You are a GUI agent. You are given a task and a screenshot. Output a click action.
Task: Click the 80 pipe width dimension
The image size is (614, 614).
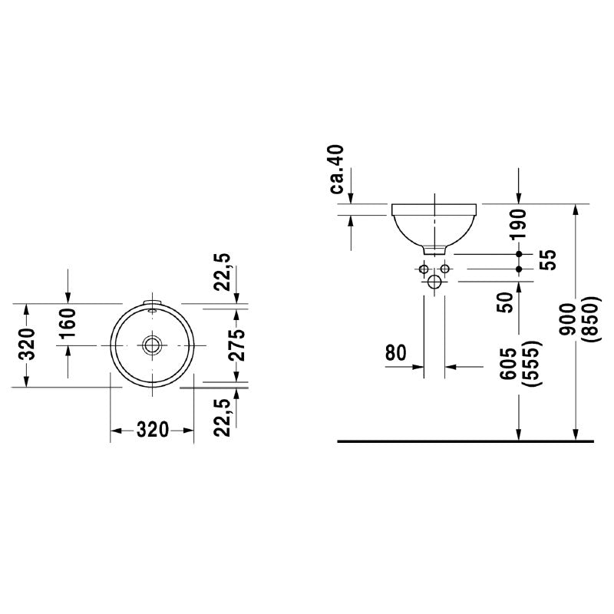point(395,353)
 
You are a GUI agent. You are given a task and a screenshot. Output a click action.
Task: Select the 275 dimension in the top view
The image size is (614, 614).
point(238,345)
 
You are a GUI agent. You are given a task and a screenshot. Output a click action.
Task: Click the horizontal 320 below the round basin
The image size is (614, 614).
point(153,430)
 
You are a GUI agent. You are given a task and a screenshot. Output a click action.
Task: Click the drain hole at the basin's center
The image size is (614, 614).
point(153,345)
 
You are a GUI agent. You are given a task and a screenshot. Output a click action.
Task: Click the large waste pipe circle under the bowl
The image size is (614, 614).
point(434,282)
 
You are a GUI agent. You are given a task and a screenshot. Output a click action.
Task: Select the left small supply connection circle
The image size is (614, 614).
point(423,269)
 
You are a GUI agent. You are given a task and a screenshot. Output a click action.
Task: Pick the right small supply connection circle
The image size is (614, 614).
point(445,269)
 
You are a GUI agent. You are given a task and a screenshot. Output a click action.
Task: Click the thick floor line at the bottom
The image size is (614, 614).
point(465,443)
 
